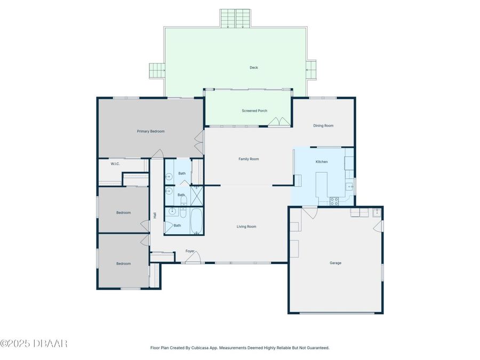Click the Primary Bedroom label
point(150,131)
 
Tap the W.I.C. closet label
point(115,164)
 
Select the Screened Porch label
point(254,111)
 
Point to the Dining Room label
point(323,126)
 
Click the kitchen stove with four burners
point(334,201)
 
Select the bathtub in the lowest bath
point(196,222)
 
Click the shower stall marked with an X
point(197,195)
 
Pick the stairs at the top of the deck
point(235,19)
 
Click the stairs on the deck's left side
point(156,70)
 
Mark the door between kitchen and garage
point(309,212)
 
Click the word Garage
point(335,263)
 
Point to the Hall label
point(155,215)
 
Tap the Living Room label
point(246,227)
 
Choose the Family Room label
point(249,159)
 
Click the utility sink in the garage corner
point(376,213)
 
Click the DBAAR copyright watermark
point(34,343)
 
